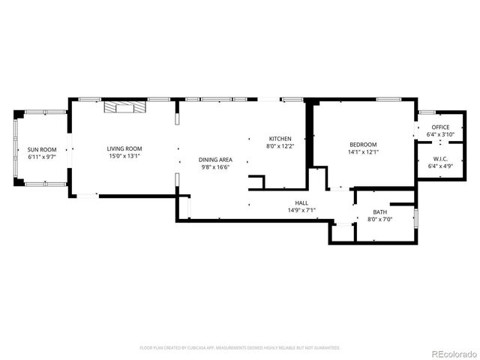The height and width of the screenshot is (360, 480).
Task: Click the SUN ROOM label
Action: (43, 150)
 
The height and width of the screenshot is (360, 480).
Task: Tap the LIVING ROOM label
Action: (124, 149)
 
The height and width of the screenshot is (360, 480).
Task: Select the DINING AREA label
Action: (215, 160)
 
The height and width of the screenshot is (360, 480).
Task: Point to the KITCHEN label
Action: (280, 139)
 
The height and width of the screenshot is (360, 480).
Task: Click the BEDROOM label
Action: (363, 145)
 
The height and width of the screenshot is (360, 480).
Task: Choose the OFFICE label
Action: (440, 127)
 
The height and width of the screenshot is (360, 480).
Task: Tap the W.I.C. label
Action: (440, 158)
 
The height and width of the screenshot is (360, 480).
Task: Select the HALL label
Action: (301, 203)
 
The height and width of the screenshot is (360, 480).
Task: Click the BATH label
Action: (380, 212)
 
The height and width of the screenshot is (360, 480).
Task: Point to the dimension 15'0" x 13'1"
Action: (124, 157)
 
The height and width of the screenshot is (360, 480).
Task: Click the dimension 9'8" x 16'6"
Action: (215, 167)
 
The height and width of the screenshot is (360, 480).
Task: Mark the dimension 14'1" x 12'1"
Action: (363, 152)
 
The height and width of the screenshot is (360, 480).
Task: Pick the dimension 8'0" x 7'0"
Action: (380, 219)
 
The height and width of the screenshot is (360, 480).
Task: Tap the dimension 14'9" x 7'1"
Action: (301, 210)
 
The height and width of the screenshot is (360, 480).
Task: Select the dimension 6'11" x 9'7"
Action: (43, 157)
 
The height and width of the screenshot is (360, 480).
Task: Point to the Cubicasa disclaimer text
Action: (240, 348)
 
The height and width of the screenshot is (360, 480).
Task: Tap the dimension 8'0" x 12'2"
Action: (280, 146)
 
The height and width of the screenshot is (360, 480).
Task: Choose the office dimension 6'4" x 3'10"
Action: (440, 134)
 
